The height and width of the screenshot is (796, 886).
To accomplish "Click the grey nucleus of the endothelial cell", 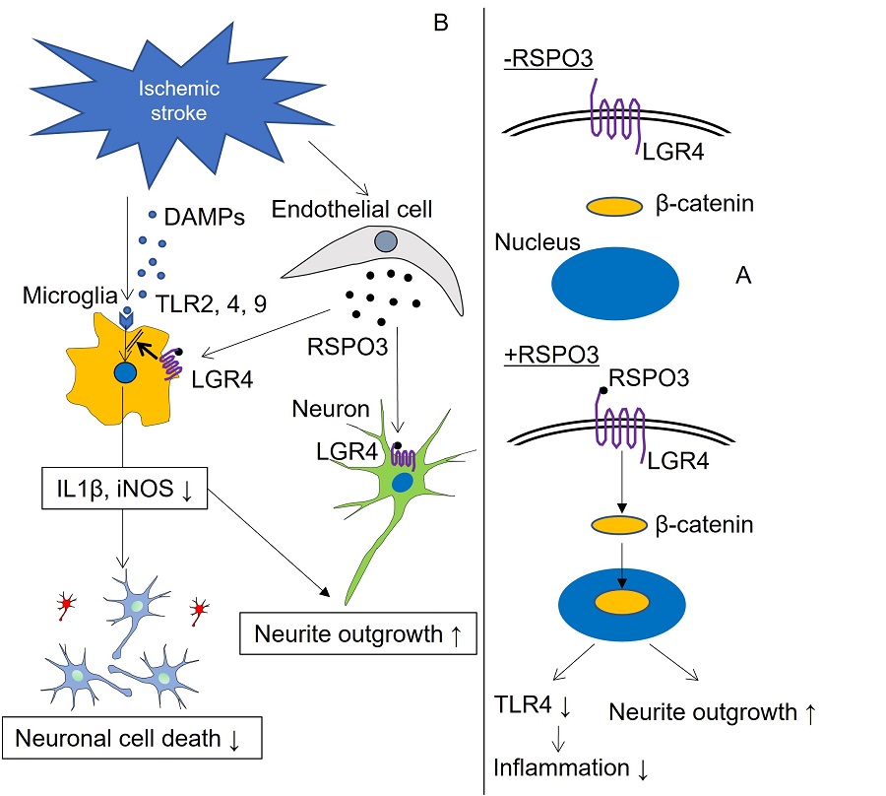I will [x=386, y=239].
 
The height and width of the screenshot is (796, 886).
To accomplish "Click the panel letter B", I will [x=441, y=23].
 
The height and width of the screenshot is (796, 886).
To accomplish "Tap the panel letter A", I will [x=744, y=276].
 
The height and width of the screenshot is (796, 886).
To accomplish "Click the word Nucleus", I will [x=537, y=241].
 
